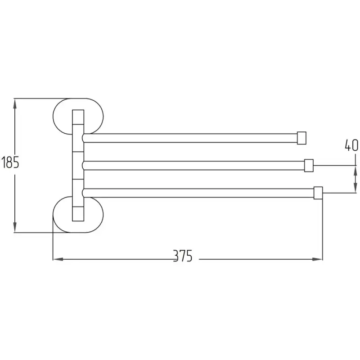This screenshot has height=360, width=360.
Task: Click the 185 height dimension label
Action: click(x=10, y=162)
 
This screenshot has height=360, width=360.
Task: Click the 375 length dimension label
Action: click(x=183, y=256)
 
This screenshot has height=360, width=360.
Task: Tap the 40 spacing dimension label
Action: click(x=351, y=145)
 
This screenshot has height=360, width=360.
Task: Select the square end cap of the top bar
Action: click(x=301, y=138)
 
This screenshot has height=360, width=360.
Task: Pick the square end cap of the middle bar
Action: click(x=309, y=166)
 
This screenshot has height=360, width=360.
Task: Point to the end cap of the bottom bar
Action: click(x=318, y=193)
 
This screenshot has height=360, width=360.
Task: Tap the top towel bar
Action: click(x=190, y=138)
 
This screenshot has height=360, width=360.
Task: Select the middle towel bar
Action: click(x=193, y=166)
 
